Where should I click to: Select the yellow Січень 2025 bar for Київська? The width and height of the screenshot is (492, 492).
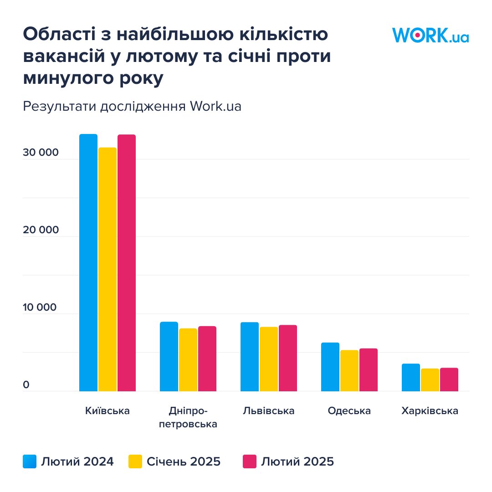coord(108,269)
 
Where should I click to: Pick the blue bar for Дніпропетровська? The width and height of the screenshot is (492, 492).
coord(169,356)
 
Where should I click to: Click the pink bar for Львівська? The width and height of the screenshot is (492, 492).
coord(288,358)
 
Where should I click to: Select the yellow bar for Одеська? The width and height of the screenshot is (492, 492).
coord(349,370)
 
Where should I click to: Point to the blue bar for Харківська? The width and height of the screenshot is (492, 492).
coord(411,377)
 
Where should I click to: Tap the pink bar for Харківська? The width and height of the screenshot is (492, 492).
coord(449,379)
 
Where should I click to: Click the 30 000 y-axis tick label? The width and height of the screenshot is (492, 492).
coord(41,153)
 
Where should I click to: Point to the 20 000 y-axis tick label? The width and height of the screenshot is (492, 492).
coord(41,230)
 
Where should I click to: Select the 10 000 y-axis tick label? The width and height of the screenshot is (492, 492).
coord(41,307)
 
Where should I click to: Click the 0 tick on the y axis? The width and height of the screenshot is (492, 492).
coord(26,385)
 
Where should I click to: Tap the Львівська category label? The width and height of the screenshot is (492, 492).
coord(269,411)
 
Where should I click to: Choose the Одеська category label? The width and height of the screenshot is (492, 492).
coord(349,411)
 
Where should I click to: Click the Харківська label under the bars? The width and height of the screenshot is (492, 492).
coord(430,411)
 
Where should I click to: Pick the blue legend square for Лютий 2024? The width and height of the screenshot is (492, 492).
coord(30,461)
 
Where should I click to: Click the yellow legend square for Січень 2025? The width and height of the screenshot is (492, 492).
coord(135,461)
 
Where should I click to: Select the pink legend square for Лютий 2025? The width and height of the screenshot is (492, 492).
coord(250,461)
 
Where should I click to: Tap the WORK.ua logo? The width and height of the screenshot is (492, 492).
coord(430,35)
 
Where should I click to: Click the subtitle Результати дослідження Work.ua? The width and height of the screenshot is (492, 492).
coord(132,106)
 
